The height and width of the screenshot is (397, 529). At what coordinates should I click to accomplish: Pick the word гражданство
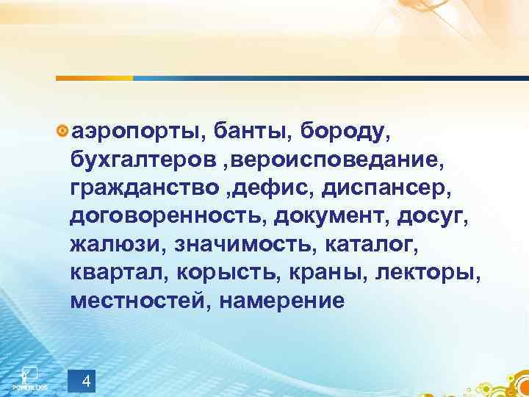(x=146, y=187)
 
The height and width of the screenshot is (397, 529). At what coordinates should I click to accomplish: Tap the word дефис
(x=273, y=187)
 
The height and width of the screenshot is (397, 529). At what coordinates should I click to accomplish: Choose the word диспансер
(x=380, y=187)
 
